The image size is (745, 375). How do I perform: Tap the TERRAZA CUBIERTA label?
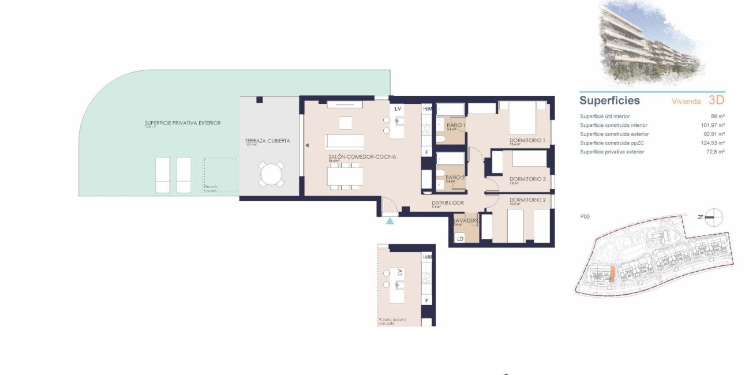(267, 141)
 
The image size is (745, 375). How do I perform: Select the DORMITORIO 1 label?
(527, 140)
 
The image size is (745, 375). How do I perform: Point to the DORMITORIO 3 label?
(527, 179)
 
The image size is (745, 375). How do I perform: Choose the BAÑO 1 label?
(455, 125)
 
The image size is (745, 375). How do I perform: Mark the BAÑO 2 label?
(455, 178)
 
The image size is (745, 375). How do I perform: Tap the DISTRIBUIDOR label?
(448, 203)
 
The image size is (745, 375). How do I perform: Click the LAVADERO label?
(466, 220)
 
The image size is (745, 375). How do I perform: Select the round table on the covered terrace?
(271, 174)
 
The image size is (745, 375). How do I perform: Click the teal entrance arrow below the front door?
(390, 220)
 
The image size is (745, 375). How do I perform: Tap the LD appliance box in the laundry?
(461, 238)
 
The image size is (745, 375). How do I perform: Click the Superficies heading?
(609, 100)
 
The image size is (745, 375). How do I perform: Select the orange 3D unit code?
(716, 100)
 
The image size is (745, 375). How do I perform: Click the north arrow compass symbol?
(713, 217)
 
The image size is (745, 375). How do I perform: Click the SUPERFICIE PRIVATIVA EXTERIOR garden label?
(182, 123)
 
